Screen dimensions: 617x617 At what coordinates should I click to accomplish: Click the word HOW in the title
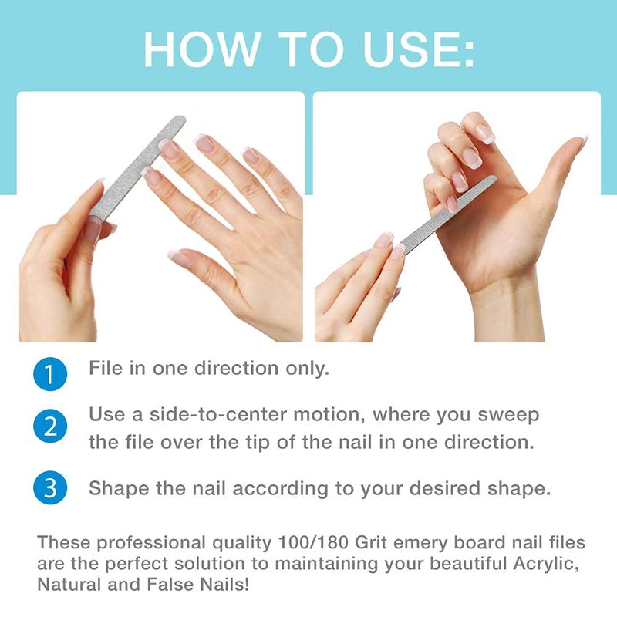(202, 49)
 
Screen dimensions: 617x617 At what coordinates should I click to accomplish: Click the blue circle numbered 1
(50, 374)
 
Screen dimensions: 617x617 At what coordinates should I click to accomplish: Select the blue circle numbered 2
(50, 427)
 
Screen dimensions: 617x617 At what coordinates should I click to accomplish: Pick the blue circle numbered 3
(50, 487)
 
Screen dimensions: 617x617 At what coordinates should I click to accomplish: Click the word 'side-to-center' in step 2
(218, 415)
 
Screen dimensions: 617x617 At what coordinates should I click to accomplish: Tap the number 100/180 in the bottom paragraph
(313, 543)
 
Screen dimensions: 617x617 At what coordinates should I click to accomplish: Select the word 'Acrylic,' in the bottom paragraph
(546, 565)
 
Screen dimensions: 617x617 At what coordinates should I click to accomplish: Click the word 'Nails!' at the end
(224, 585)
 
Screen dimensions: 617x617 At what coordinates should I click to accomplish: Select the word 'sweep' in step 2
(508, 416)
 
